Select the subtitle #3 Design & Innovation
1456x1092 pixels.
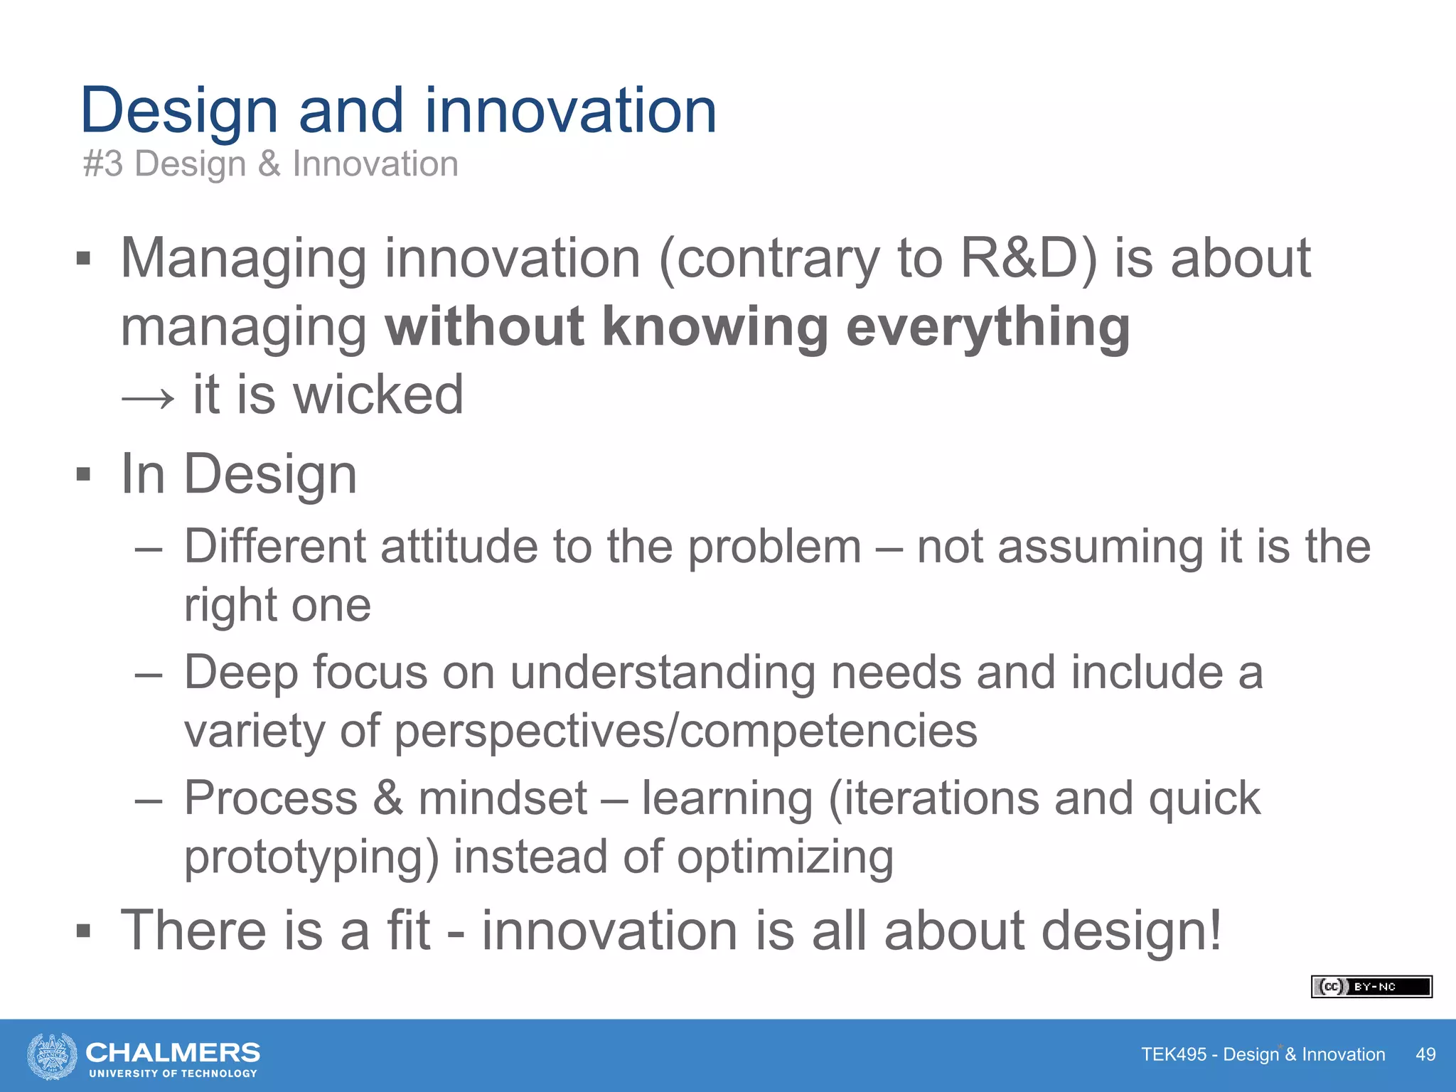(270, 164)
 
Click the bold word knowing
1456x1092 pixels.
(714, 326)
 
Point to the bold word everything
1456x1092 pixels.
(987, 328)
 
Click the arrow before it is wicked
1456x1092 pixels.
(148, 397)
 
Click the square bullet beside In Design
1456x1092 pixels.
(84, 474)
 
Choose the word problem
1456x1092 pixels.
(774, 547)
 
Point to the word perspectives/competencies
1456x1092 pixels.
(685, 732)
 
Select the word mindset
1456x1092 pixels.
(502, 798)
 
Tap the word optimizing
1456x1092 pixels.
(785, 857)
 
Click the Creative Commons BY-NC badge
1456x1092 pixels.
(1371, 987)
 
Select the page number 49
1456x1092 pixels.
(1425, 1054)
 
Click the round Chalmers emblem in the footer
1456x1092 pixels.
(52, 1056)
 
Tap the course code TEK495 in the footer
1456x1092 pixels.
(1173, 1054)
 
